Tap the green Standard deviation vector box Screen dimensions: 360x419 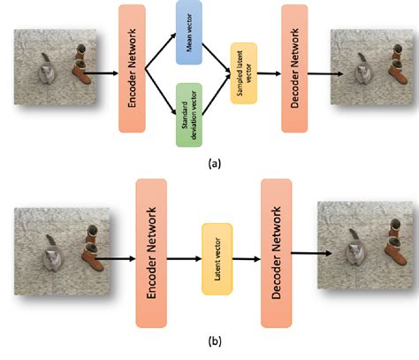pyautogui.click(x=189, y=114)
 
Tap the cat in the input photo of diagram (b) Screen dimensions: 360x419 pyautogui.click(x=57, y=254)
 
